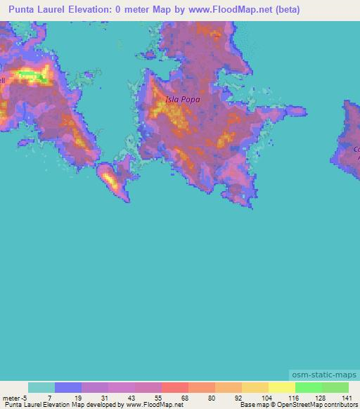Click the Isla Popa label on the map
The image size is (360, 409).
(182, 100)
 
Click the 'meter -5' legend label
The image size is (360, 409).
(14, 397)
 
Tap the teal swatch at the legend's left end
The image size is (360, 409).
(41, 387)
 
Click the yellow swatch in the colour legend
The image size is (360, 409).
(282, 387)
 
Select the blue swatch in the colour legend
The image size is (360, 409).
(68, 387)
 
